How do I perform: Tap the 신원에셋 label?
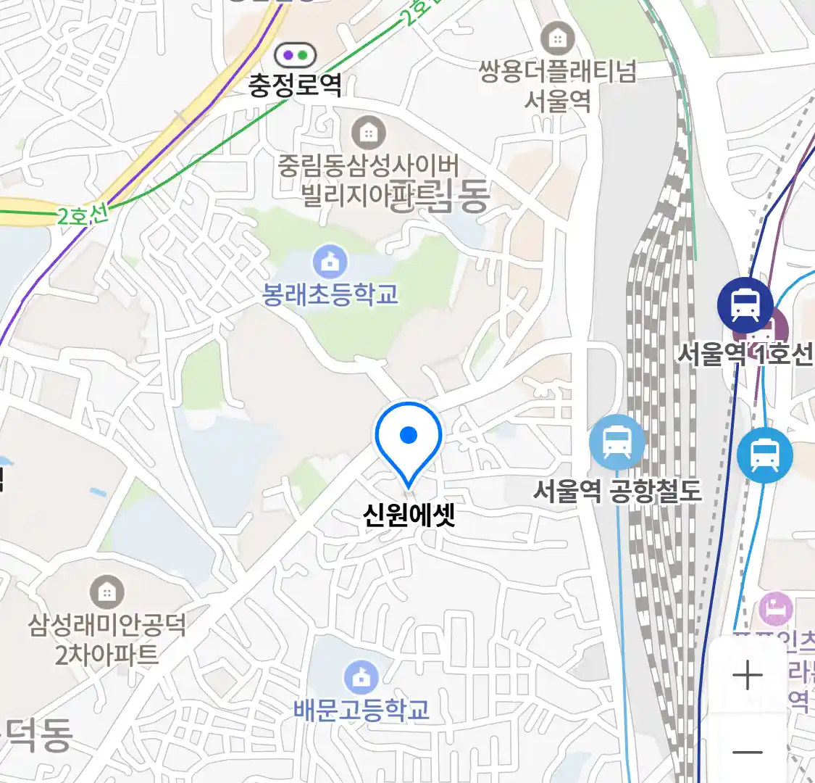pyautogui.click(x=409, y=515)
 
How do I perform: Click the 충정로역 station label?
pyautogui.click(x=295, y=86)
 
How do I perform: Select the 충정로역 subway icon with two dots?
pyautogui.click(x=295, y=55)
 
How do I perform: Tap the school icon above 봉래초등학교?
pyautogui.click(x=330, y=262)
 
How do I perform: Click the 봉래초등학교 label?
pyautogui.click(x=330, y=294)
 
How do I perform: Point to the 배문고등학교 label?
pyautogui.click(x=361, y=709)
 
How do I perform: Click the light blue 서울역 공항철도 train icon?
pyautogui.click(x=617, y=442)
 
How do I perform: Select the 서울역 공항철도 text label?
pyautogui.click(x=617, y=491)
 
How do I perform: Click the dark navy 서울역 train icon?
pyautogui.click(x=745, y=304)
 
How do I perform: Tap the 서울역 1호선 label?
pyautogui.click(x=745, y=354)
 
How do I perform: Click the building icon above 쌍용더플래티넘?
pyautogui.click(x=557, y=38)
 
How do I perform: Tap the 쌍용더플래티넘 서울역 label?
pyautogui.click(x=557, y=85)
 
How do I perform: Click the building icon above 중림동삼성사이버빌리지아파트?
pyautogui.click(x=368, y=133)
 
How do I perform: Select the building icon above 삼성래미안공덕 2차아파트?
pyautogui.click(x=106, y=593)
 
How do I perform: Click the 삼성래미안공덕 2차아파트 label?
pyautogui.click(x=106, y=639)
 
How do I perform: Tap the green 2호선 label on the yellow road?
pyautogui.click(x=82, y=215)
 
